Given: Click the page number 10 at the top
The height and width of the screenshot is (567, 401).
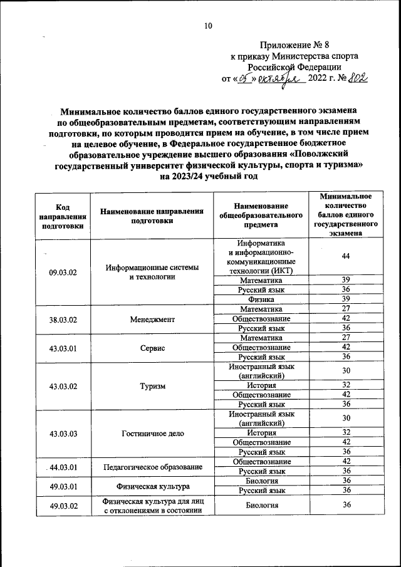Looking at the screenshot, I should (x=208, y=26).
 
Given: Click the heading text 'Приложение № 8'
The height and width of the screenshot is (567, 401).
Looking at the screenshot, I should (x=294, y=45).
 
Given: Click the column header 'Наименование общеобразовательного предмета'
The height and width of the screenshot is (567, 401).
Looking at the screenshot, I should (x=261, y=216).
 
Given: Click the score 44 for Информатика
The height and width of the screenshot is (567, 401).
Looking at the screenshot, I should (x=346, y=256).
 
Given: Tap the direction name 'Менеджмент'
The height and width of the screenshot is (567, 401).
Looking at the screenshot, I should (x=153, y=318).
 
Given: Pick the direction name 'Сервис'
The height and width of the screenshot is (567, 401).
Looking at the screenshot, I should (x=153, y=348).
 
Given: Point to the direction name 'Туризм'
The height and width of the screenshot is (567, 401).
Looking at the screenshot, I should (x=153, y=386).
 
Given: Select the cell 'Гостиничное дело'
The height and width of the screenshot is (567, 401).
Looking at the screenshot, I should (x=153, y=434).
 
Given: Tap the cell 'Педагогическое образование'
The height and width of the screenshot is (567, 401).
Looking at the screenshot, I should (x=153, y=467).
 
